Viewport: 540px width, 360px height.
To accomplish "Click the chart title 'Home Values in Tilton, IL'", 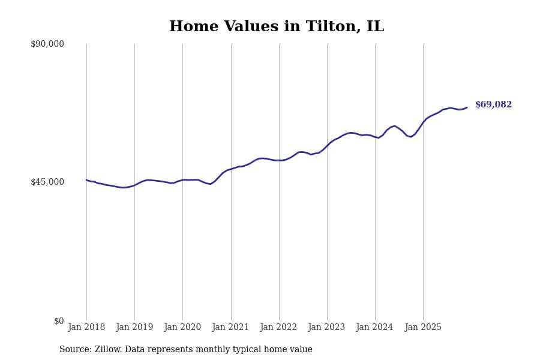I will click(x=276, y=27).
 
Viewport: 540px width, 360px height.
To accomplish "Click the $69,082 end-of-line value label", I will click(x=493, y=105).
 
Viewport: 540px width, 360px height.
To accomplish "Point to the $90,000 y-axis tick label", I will click(x=47, y=44).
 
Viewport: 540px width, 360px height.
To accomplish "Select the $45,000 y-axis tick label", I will click(x=47, y=182).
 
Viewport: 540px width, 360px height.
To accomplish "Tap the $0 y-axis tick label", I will click(x=59, y=321).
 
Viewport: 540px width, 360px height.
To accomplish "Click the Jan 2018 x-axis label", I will click(x=86, y=328).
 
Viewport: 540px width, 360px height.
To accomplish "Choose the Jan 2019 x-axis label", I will click(x=134, y=328).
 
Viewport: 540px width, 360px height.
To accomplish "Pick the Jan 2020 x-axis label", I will click(x=182, y=328).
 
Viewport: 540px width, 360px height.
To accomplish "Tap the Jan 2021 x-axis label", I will click(x=230, y=328).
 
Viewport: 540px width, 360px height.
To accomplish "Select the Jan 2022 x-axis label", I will click(x=278, y=328).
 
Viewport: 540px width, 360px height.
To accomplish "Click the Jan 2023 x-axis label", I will click(x=326, y=328).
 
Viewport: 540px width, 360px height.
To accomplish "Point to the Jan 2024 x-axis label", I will click(x=374, y=328).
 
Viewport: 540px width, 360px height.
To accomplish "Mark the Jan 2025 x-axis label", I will click(x=423, y=328).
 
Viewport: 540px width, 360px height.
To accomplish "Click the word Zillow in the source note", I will click(x=109, y=350).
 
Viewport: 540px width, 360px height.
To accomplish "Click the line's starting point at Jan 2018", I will click(x=86, y=180).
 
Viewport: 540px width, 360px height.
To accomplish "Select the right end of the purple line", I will click(x=467, y=107).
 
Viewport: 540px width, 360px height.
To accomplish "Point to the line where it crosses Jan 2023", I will click(x=327, y=145).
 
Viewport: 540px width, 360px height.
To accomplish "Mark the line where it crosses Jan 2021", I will click(x=231, y=169).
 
